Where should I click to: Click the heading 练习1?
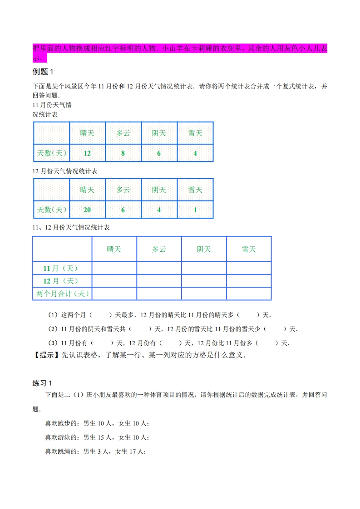point(43,383)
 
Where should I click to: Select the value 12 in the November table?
point(87,153)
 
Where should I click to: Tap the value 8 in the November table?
point(123,153)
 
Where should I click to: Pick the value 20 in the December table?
point(87,210)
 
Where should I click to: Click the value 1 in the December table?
point(195,210)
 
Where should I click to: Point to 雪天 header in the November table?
point(195,133)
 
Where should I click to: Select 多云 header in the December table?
point(123,190)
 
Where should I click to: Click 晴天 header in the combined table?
point(114,249)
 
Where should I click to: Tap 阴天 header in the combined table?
point(204,249)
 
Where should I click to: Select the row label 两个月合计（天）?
point(62,294)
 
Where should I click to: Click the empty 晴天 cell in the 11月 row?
point(114,268)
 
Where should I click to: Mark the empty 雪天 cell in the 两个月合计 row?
point(249,294)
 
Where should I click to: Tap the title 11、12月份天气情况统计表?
point(71,227)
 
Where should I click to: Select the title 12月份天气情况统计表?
point(65,171)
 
